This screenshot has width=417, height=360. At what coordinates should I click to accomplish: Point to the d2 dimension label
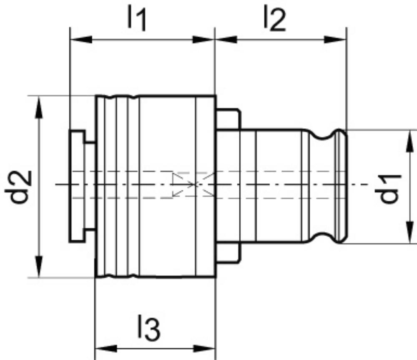[x=18, y=187]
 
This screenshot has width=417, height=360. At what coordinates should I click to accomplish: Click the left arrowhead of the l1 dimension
[x=81, y=40]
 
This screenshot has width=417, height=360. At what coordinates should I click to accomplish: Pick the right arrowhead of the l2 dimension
[x=335, y=40]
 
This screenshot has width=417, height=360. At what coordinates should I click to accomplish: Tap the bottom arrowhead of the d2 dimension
[x=39, y=266]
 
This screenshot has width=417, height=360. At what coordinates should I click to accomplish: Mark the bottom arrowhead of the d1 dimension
[x=410, y=232]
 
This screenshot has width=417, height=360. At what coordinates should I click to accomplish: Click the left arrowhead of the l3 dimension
[x=106, y=349]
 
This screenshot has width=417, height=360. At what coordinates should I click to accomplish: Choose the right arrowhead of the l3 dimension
[x=204, y=349]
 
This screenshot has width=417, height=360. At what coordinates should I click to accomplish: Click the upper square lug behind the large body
[x=228, y=119]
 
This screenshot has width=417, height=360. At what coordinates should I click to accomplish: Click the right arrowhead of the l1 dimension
[x=204, y=40]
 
